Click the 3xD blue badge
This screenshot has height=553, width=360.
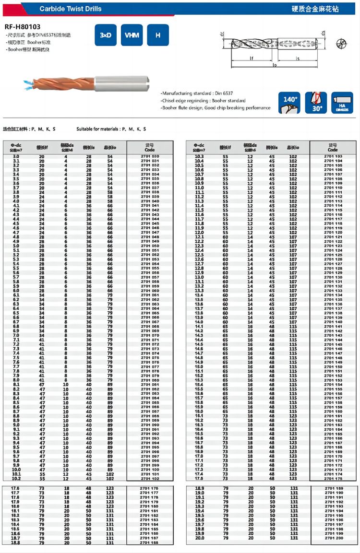(x=106, y=35)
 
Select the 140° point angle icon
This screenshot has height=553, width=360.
(x=289, y=103)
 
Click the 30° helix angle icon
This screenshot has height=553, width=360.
(x=316, y=103)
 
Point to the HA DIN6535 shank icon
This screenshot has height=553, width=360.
(x=342, y=103)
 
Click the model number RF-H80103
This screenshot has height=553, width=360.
(x=23, y=27)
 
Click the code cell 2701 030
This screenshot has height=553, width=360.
(x=150, y=156)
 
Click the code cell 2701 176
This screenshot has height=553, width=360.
(x=150, y=488)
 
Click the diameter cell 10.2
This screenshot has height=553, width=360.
(x=16, y=478)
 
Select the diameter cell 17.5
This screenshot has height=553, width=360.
(x=199, y=478)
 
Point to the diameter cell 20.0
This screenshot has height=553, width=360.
(x=199, y=538)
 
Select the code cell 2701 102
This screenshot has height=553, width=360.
(x=150, y=478)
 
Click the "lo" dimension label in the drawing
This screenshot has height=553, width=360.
(x=274, y=65)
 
